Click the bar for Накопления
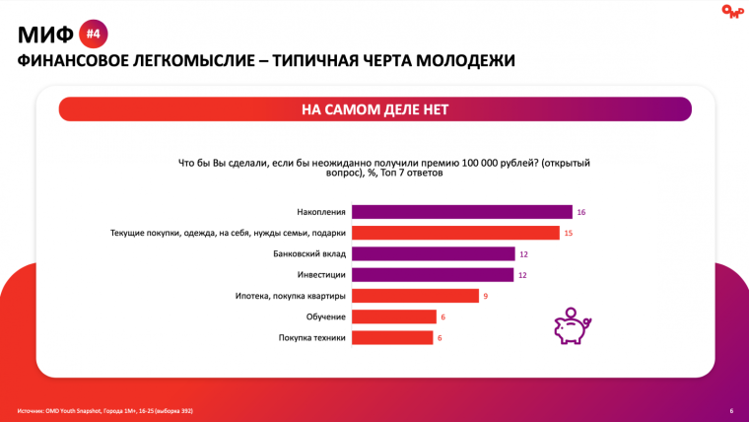pyautogui.click(x=461, y=212)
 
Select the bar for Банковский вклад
pyautogui.click(x=433, y=254)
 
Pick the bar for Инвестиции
pyautogui.click(x=433, y=275)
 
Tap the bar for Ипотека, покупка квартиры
pyautogui.click(x=414, y=296)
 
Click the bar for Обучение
pyautogui.click(x=393, y=316)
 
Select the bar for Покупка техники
pyautogui.click(x=392, y=337)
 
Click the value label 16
pyautogui.click(x=581, y=212)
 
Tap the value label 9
pyautogui.click(x=485, y=296)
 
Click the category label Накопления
pyautogui.click(x=320, y=212)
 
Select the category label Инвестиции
pyautogui.click(x=320, y=275)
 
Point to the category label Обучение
pyautogui.click(x=326, y=316)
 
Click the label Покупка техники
pyautogui.click(x=312, y=337)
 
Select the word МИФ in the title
pyautogui.click(x=45, y=35)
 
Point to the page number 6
pyautogui.click(x=730, y=410)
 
